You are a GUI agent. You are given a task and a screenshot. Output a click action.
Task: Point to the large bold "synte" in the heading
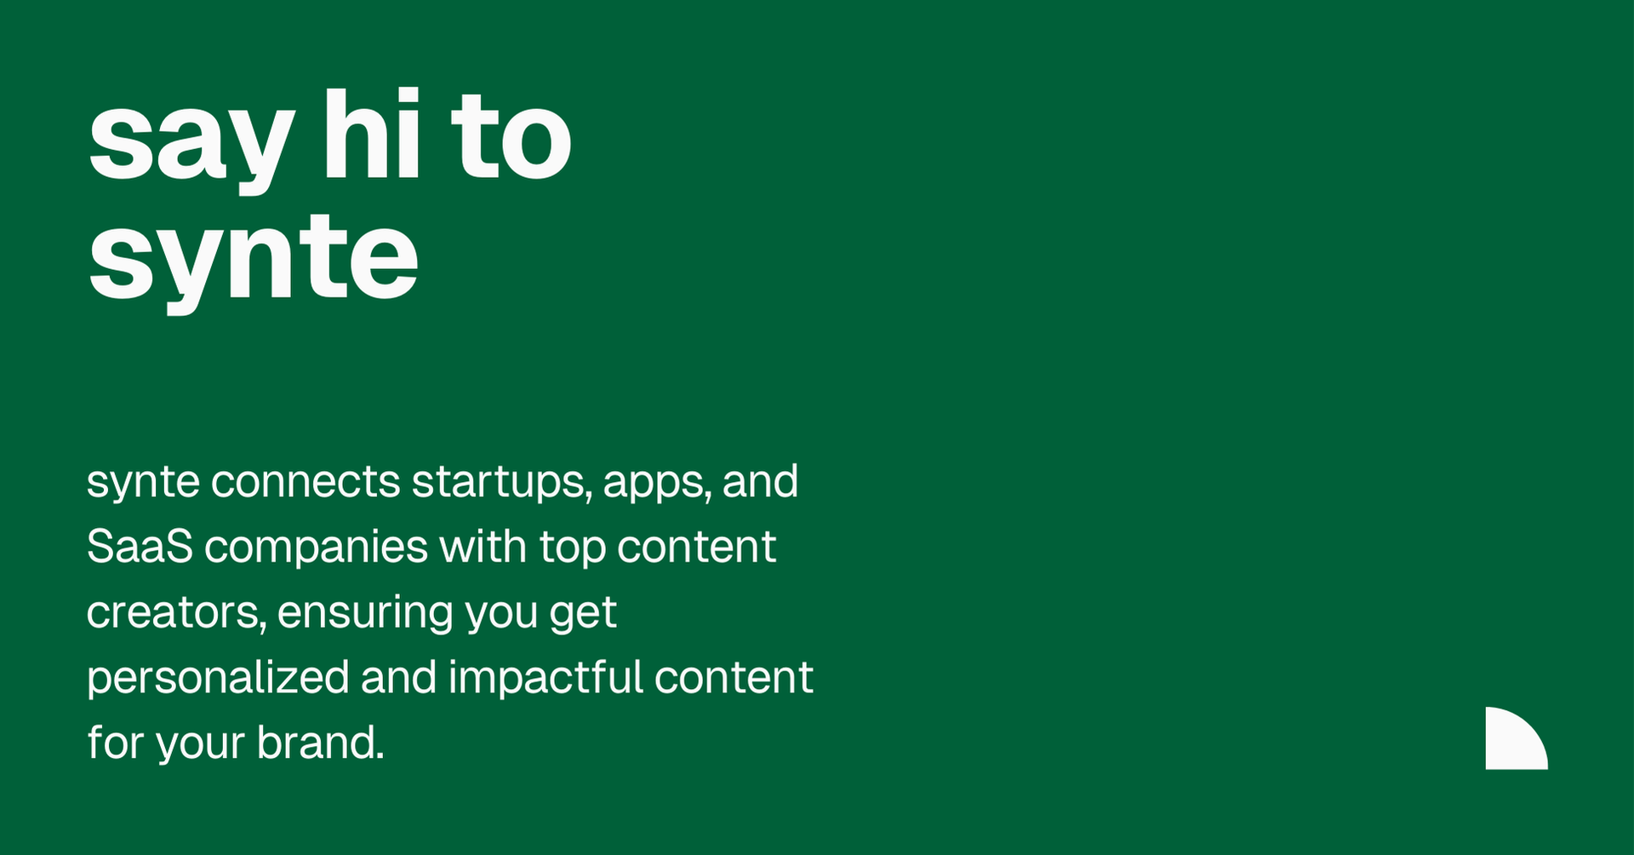click(x=254, y=259)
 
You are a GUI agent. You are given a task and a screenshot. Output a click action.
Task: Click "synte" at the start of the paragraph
click(x=143, y=483)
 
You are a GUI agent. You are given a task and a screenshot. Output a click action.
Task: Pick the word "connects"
click(x=306, y=482)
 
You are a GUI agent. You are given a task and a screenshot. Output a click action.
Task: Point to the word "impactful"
click(x=546, y=678)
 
